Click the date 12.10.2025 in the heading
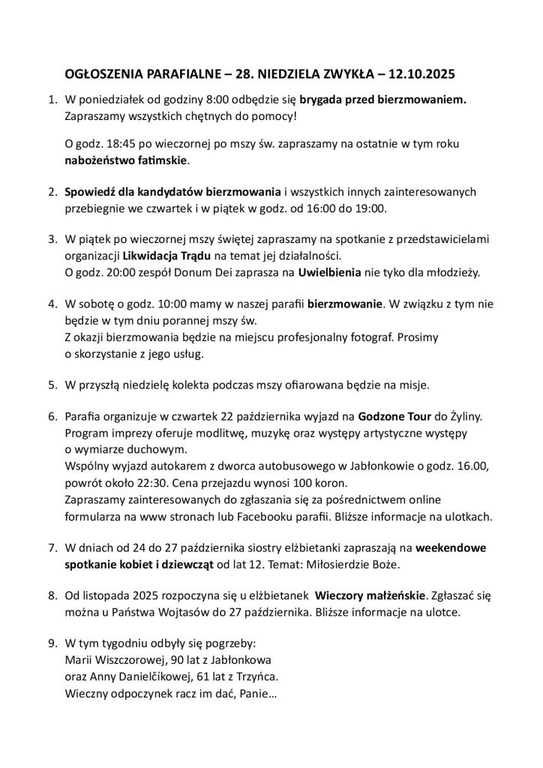[x=421, y=75]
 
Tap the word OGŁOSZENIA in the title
[x=104, y=75]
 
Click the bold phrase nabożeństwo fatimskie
[x=127, y=160]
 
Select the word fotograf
[x=367, y=337]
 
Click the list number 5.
[x=52, y=385]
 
